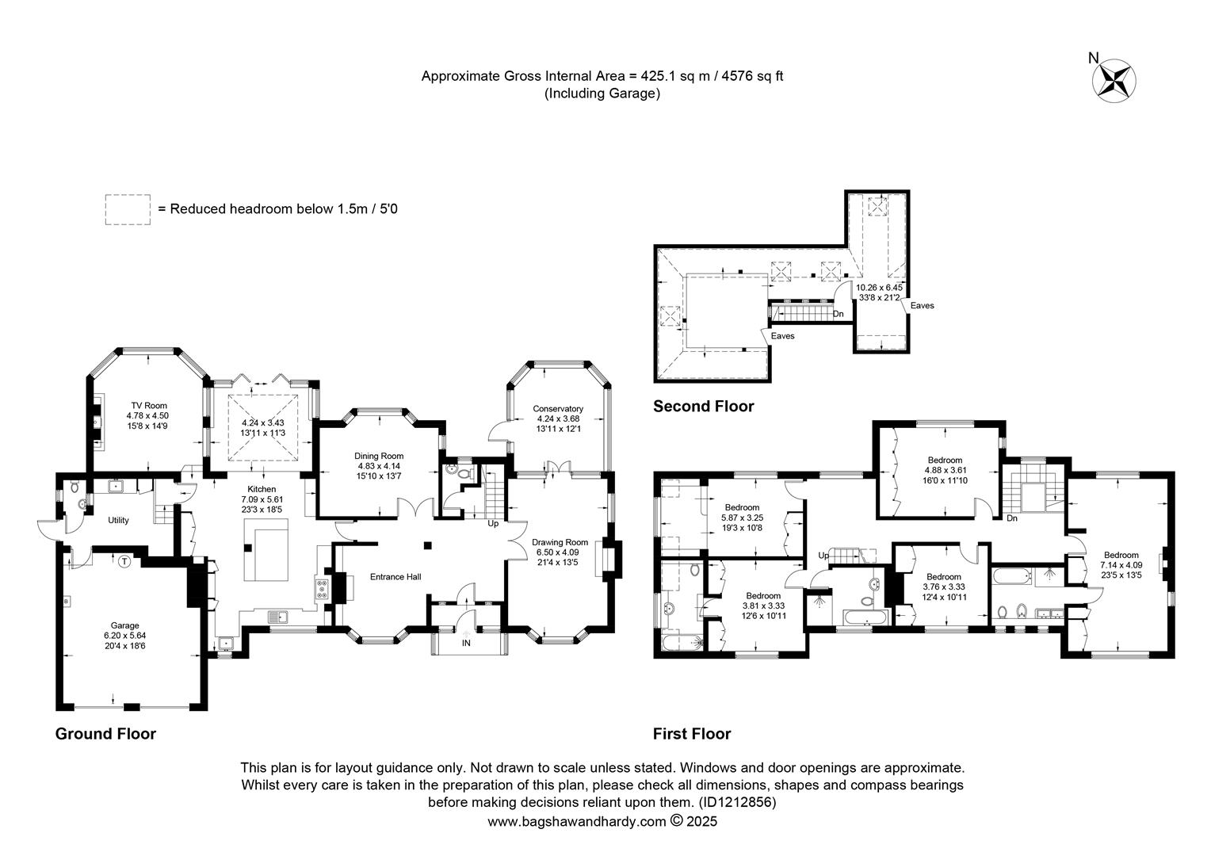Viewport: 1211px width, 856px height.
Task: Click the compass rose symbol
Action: [1114, 82]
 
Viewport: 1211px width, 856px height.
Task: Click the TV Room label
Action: [149, 406]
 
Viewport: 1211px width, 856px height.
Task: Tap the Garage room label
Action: [125, 625]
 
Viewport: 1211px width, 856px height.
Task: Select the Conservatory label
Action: [558, 409]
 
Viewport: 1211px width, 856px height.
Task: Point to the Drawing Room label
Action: [560, 542]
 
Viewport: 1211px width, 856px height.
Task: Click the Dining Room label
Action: [379, 456]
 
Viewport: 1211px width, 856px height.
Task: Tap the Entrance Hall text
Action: [395, 576]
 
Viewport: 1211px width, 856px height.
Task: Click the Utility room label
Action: [118, 520]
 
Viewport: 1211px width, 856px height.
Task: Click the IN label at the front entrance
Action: [466, 643]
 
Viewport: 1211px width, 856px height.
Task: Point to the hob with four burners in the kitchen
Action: [323, 588]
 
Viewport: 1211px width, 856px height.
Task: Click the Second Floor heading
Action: [703, 406]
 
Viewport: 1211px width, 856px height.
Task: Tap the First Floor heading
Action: [692, 734]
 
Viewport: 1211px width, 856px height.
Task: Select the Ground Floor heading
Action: [105, 734]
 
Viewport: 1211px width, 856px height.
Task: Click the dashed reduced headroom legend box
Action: [128, 210]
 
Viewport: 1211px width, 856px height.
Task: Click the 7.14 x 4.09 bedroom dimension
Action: [1121, 565]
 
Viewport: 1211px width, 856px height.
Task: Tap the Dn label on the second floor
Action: [838, 314]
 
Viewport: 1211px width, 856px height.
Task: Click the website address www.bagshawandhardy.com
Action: [577, 821]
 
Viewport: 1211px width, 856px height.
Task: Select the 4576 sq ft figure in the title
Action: [753, 76]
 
